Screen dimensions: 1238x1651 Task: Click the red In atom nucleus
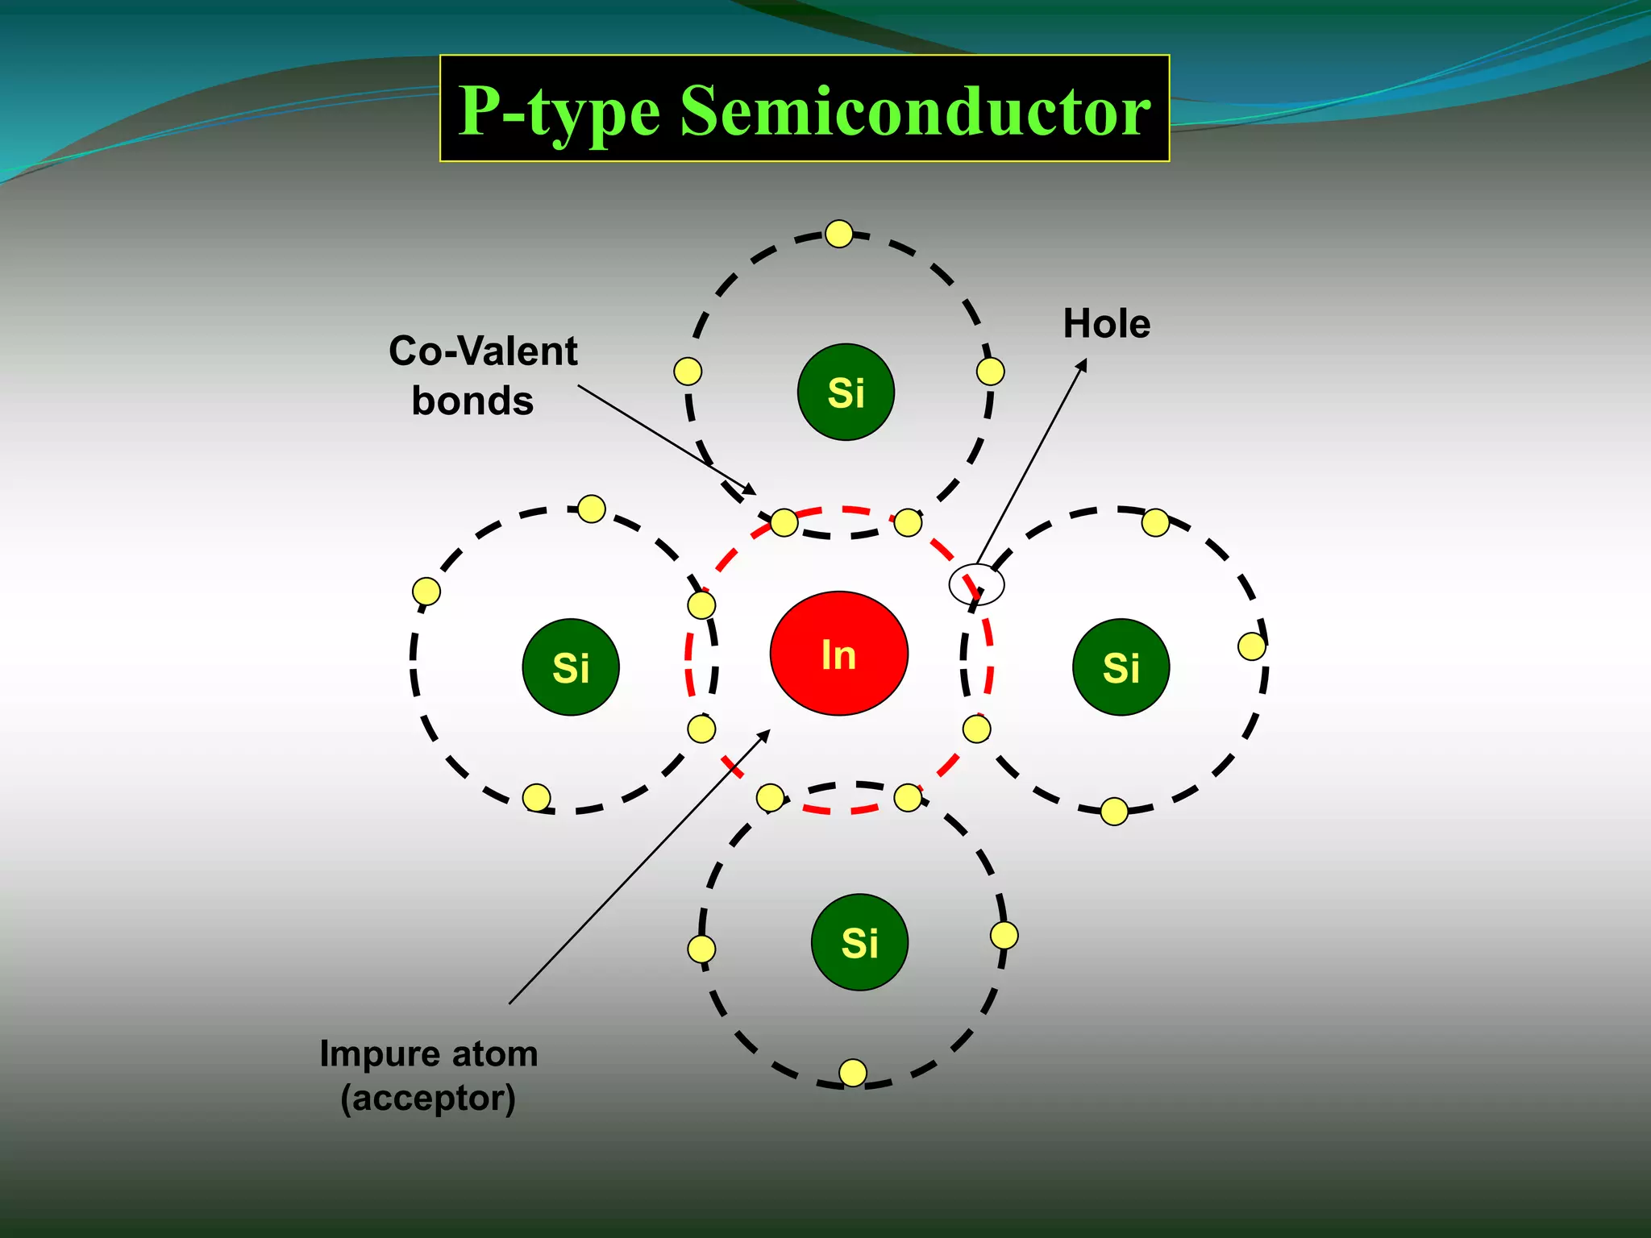[x=838, y=654]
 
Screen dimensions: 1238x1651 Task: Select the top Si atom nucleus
[x=846, y=393]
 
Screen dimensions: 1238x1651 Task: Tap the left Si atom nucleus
[x=571, y=667]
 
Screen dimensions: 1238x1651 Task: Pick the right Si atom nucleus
[x=1121, y=667]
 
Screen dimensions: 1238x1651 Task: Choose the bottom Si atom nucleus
[x=859, y=942]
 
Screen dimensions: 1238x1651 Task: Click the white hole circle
[x=976, y=584]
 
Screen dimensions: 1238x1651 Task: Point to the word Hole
[x=1106, y=324]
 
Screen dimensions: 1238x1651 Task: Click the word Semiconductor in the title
[x=915, y=111]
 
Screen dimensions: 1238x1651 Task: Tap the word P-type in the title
[x=559, y=111]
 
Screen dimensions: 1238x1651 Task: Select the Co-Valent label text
[x=483, y=351]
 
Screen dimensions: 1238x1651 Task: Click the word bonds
[x=472, y=401]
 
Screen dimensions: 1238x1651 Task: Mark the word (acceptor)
[x=428, y=1098]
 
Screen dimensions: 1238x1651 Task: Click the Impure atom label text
[x=428, y=1053]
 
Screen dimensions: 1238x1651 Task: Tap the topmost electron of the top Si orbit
[x=839, y=234]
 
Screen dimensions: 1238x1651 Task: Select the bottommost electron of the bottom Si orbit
[x=853, y=1073]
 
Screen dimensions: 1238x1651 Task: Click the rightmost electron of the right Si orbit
[x=1251, y=646]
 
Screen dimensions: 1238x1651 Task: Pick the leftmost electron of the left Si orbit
[x=426, y=592]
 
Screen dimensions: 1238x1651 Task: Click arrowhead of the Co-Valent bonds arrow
[x=751, y=491]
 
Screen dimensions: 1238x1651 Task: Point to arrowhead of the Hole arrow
[x=1083, y=364]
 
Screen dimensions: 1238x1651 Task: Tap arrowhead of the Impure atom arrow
[x=766, y=733]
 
